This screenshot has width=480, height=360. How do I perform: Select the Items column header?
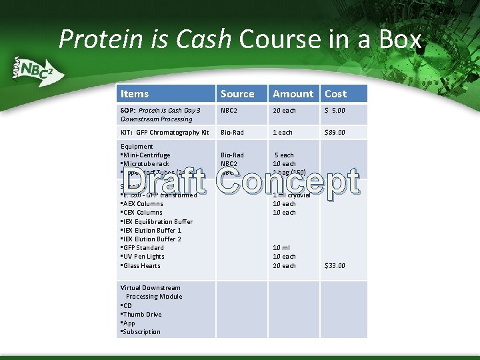click(x=135, y=94)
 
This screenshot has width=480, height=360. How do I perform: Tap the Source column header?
click(x=237, y=94)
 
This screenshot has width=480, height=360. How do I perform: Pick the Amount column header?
click(x=293, y=94)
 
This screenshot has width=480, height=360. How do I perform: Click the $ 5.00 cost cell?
click(x=335, y=111)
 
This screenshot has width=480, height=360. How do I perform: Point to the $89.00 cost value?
click(x=335, y=133)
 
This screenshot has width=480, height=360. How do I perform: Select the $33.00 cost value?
click(x=335, y=265)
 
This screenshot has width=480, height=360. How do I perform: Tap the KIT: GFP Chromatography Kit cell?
click(x=165, y=133)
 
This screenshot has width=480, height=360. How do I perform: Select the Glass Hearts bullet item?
click(x=142, y=265)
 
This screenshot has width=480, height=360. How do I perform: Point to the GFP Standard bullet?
click(x=143, y=248)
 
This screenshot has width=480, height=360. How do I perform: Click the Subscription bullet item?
click(x=142, y=331)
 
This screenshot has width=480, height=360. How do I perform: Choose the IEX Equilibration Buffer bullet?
click(x=158, y=221)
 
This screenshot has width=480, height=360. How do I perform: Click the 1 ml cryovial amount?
click(x=292, y=195)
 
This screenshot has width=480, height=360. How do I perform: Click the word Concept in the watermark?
click(x=288, y=181)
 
